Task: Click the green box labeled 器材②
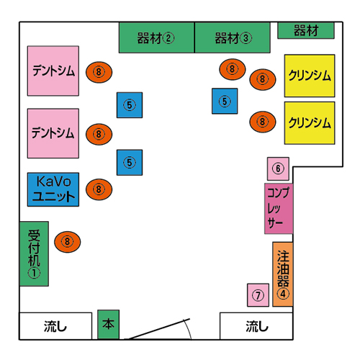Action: coord(156,37)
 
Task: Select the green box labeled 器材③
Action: coord(233,37)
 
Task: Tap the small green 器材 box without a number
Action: coord(306,30)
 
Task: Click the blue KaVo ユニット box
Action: coord(53,189)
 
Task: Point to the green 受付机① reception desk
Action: coord(34,253)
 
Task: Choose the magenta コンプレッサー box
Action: coord(279,209)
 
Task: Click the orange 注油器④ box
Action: coord(283,274)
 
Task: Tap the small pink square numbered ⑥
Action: coord(278,168)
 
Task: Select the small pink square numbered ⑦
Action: coord(258,295)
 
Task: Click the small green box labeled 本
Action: coord(108,324)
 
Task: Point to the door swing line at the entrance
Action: coord(158,329)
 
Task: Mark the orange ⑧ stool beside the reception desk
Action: coord(68,242)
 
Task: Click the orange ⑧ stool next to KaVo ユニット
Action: coord(99,189)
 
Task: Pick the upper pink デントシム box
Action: coord(53,71)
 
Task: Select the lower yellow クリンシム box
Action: coord(310,123)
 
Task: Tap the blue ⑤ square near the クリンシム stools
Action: coord(225,101)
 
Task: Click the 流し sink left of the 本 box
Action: coord(55,326)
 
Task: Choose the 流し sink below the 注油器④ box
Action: coord(256,326)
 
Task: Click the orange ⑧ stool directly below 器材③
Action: coord(233,69)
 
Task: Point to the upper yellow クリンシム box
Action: coord(310,76)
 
